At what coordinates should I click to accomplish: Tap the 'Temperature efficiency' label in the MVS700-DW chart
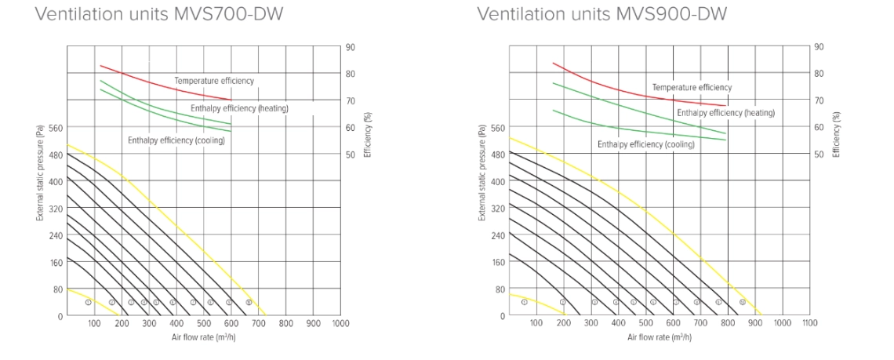214,81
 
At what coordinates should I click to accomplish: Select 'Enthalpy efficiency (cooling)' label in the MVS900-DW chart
646,144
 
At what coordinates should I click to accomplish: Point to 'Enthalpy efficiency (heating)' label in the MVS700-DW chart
239,107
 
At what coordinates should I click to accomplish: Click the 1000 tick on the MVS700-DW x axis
340,323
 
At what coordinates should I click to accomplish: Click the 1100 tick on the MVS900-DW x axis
809,323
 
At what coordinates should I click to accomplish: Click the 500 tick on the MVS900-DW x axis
645,323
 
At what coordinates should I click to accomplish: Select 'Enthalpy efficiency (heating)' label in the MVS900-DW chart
725,113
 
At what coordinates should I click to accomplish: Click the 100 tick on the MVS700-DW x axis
94,323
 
